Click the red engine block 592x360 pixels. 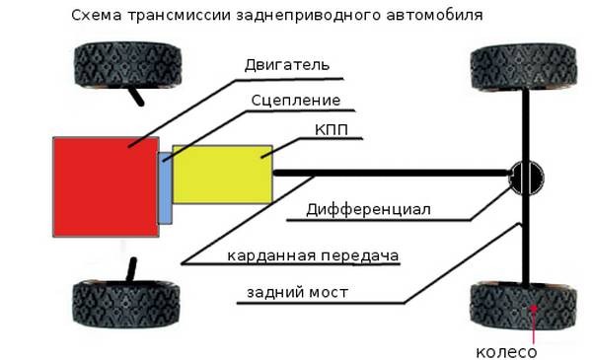coord(106,186)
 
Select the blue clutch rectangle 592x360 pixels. coord(165,188)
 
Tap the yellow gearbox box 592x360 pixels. coord(223,175)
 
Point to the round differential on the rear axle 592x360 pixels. coord(526,178)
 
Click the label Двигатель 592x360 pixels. coord(287,65)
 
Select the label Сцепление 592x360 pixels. coord(296,101)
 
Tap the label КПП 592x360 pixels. coord(332,130)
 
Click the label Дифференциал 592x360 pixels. coord(368,209)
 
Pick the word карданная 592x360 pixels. coord(271,255)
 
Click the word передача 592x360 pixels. coord(360,255)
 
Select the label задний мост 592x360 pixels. coord(297,293)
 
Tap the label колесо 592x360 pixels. coord(506,352)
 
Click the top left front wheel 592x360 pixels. coord(127,65)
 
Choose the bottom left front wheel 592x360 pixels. coord(126,304)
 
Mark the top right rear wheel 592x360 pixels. coord(524,67)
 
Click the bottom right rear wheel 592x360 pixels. coord(523,306)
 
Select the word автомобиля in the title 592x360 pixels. coord(434,16)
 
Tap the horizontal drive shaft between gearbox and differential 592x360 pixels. coord(392,174)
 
